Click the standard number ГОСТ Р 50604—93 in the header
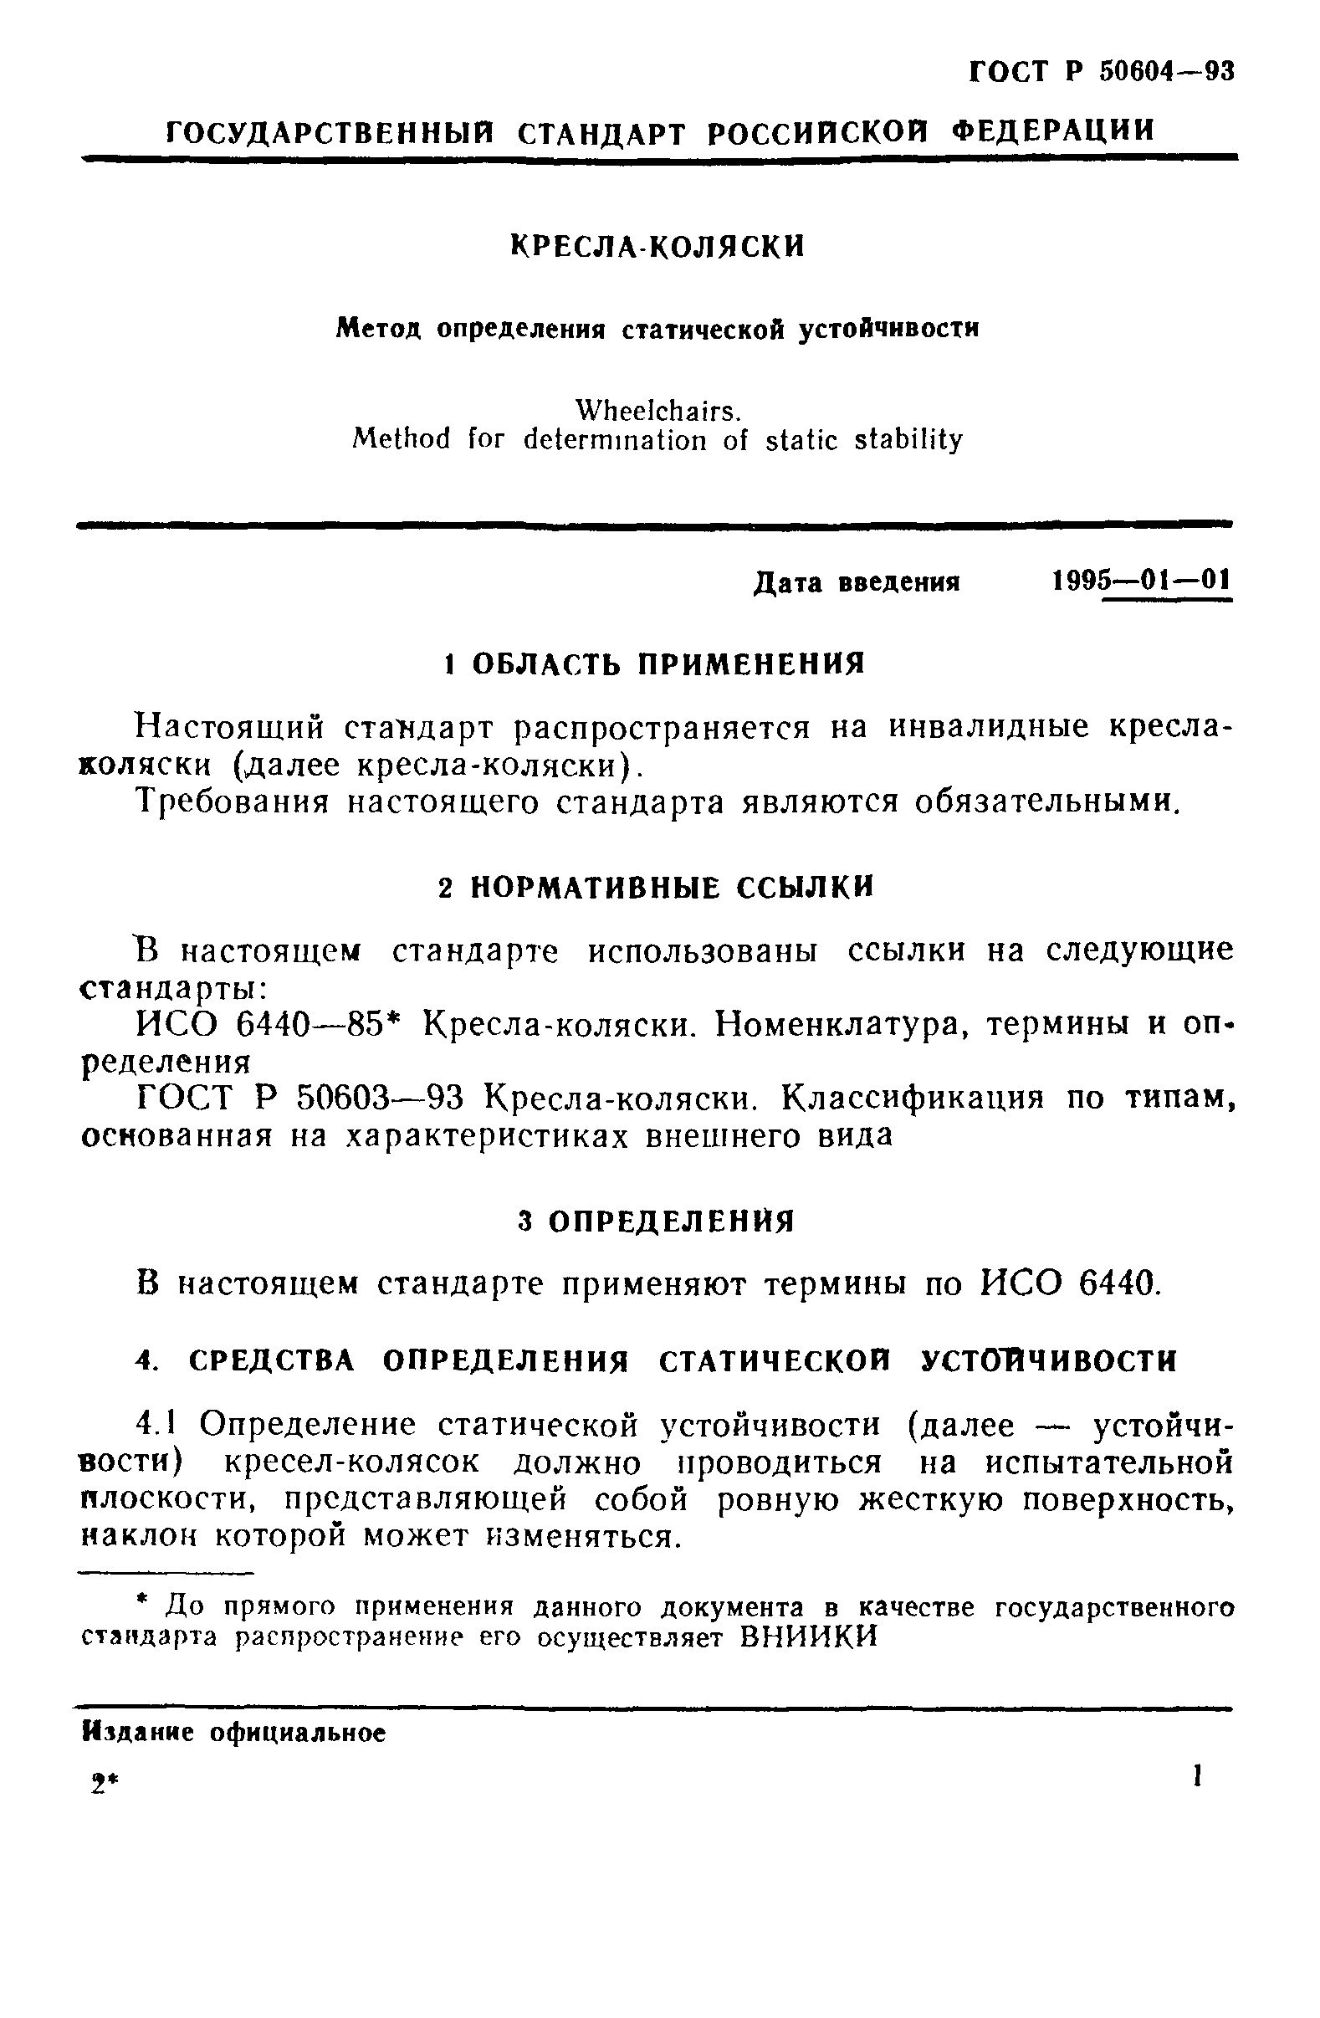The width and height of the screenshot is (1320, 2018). pos(1101,72)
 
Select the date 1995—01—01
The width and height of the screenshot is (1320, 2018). pos(1141,581)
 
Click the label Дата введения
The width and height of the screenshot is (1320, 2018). pos(857,583)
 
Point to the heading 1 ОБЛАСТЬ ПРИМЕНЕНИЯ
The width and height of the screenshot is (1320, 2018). pos(655,663)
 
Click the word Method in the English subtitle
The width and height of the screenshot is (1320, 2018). pos(401,440)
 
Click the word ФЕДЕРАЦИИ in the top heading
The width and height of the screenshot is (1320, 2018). pos(1053,131)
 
